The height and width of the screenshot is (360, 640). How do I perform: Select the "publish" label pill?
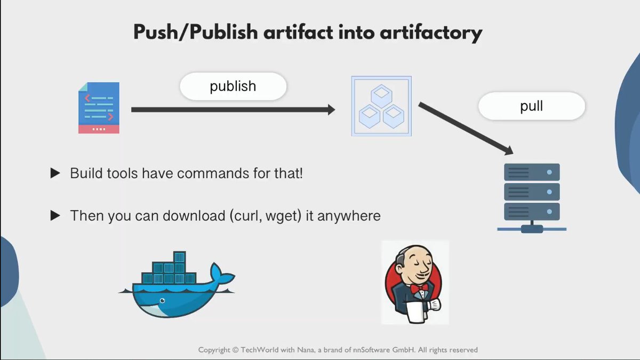tap(233, 86)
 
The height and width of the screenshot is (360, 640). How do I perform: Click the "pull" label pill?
tap(531, 106)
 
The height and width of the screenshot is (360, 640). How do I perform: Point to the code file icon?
tap(99, 108)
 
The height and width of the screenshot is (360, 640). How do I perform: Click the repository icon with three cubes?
tap(381, 106)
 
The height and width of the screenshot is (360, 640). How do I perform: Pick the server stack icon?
tap(531, 197)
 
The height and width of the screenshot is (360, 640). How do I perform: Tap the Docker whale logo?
tap(176, 285)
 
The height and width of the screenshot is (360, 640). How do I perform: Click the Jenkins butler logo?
tap(414, 282)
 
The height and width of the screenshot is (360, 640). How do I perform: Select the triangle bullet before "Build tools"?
tap(55, 173)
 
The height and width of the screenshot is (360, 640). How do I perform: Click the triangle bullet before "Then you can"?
tap(55, 216)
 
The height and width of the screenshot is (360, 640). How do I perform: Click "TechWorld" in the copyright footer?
tap(262, 350)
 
